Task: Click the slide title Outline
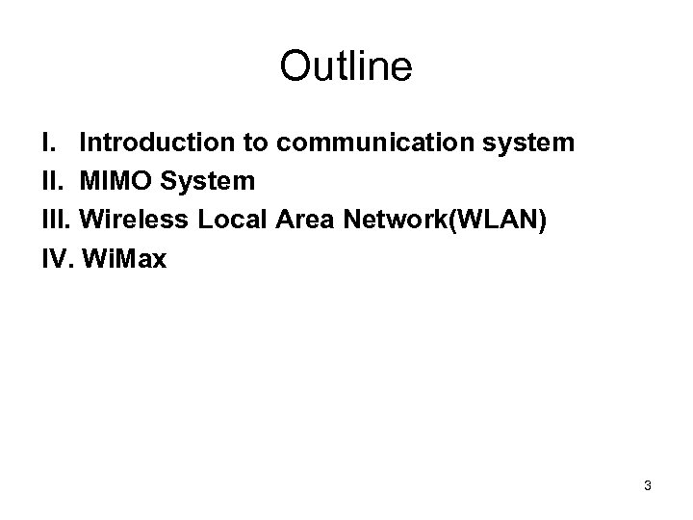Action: point(346,67)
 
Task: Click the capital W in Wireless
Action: point(92,221)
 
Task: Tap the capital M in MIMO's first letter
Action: point(89,182)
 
